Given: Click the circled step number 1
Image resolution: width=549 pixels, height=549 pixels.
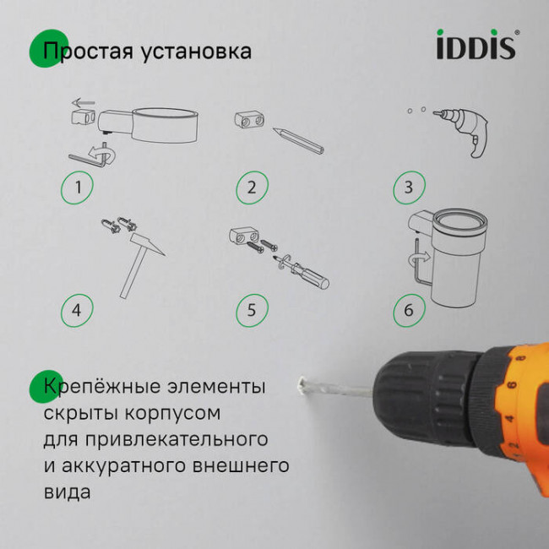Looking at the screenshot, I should tap(78, 188).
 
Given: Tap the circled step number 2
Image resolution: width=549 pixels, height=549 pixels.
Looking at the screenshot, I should tap(251, 188).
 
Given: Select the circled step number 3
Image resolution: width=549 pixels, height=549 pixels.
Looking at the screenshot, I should tap(409, 188).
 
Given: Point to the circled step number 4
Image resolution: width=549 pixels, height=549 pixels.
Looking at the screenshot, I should tap(78, 310).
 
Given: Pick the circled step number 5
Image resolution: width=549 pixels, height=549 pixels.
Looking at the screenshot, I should tap(251, 310).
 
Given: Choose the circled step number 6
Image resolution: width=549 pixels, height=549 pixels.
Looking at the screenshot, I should tap(409, 310).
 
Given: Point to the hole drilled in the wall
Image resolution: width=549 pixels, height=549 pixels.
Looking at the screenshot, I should tap(300, 388).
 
